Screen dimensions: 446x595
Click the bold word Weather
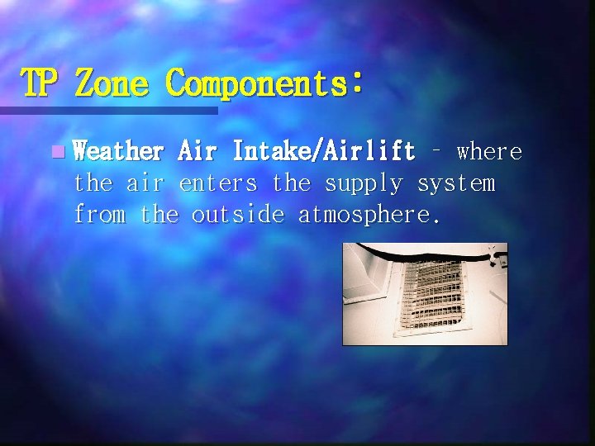coord(118,152)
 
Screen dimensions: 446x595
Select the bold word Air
coord(198,152)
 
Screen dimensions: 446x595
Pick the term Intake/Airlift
coord(323,152)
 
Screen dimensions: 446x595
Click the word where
coord(489,152)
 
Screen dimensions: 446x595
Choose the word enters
coord(218,183)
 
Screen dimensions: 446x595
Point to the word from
coord(99,215)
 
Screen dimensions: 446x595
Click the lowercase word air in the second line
coord(145,183)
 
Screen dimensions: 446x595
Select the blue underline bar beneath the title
coord(108,110)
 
